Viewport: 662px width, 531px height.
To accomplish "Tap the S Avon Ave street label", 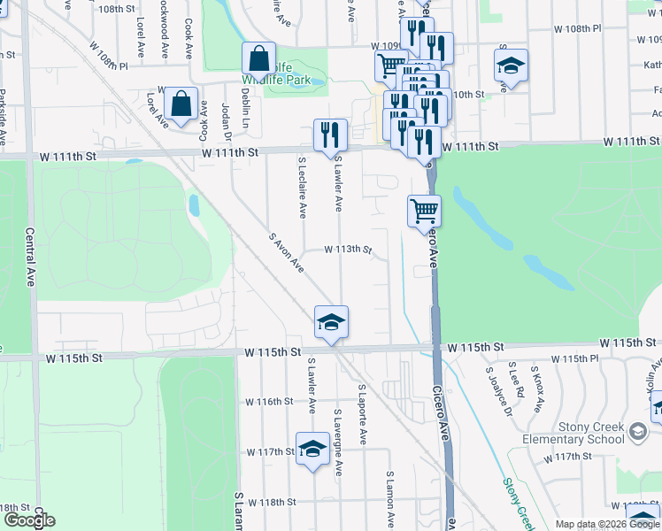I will (x=286, y=252).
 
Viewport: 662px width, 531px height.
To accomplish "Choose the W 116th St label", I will (x=269, y=401).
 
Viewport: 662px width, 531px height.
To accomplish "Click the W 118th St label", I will (x=272, y=502).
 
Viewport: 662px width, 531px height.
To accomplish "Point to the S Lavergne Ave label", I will (x=338, y=442).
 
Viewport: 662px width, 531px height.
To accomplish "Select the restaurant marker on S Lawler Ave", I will (x=330, y=134).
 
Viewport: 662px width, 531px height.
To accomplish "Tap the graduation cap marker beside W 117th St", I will (x=312, y=450).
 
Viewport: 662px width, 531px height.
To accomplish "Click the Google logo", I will (x=29, y=520).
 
